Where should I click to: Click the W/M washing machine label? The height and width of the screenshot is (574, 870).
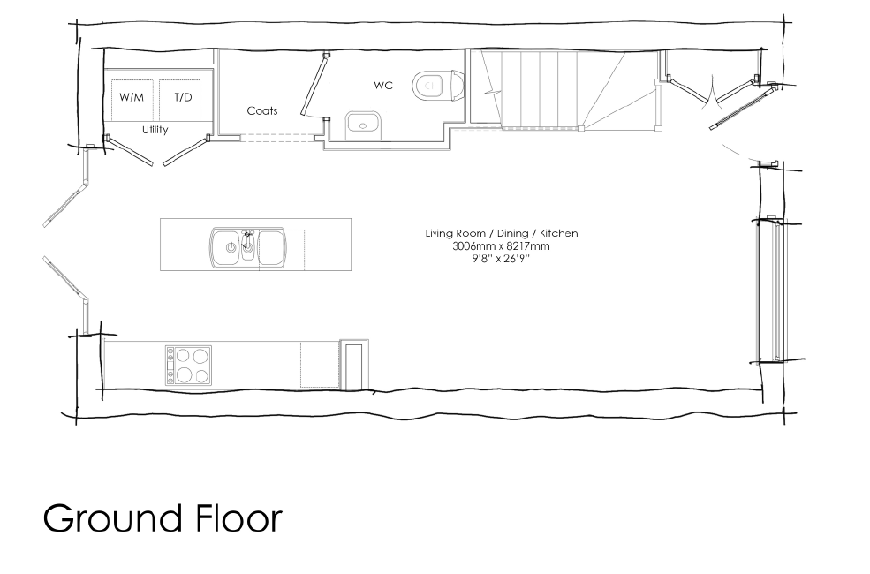pos(132,98)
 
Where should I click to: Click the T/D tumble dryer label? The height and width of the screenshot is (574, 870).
pos(183,98)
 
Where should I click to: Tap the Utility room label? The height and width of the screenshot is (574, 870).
pos(155,130)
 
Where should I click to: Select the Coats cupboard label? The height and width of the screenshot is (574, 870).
pos(262,111)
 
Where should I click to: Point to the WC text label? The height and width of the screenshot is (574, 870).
pos(383,86)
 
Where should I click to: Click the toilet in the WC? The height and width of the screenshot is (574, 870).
pos(438,86)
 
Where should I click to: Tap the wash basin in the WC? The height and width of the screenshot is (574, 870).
pos(363,125)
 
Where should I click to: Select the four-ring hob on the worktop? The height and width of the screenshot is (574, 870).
pos(188,365)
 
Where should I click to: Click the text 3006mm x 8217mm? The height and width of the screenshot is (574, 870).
pos(501,246)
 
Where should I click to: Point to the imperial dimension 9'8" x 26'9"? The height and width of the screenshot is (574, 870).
pos(501,259)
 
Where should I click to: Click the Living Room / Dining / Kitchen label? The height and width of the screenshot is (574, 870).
pos(502,233)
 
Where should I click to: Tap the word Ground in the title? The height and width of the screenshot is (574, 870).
pos(113,518)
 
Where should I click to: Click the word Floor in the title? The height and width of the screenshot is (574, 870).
pos(239,518)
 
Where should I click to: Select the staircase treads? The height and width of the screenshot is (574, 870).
pos(541,89)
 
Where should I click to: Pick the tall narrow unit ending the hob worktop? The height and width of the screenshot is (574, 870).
pos(354,365)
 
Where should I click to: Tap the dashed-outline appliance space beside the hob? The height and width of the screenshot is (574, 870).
pos(320,365)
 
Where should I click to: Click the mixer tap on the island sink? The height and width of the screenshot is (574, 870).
pos(248,238)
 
